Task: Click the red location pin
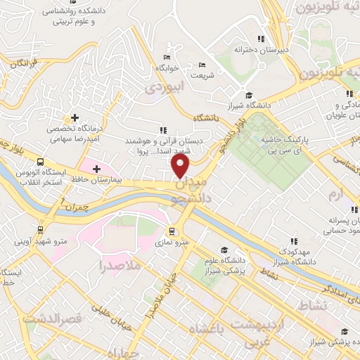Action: coord(181,166)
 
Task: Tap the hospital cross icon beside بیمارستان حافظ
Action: coord(96,169)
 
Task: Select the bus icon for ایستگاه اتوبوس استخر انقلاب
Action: coord(40,160)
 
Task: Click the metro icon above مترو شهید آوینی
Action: coord(40,228)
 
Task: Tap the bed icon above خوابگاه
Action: coord(167,57)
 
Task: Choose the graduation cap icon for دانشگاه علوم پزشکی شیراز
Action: coord(224,250)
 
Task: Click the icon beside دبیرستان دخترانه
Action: coord(261,39)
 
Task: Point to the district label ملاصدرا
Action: coord(120,266)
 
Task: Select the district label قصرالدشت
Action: coord(52,318)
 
